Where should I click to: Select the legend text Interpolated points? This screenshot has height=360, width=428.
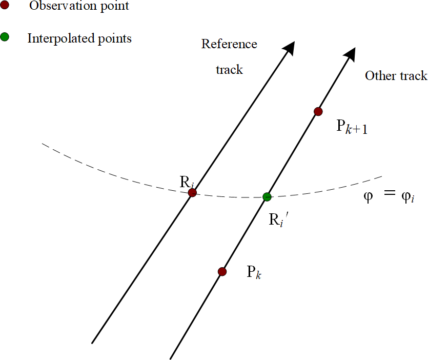79,38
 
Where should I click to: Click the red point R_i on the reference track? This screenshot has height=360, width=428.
192,193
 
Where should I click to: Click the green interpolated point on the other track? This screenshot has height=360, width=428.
267,196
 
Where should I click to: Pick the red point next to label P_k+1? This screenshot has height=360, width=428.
318,111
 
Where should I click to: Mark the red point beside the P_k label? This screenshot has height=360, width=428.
222,271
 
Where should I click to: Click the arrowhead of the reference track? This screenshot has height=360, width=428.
290,47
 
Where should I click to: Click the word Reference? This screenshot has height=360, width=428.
229,44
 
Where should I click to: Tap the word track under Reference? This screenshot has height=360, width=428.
229,69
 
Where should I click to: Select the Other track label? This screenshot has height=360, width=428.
396,76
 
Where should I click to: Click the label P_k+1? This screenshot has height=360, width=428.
352,127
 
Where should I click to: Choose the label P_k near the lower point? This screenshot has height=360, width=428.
255,272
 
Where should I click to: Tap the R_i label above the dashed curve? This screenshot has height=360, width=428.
187,181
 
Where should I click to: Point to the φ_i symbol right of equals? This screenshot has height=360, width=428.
409,197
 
